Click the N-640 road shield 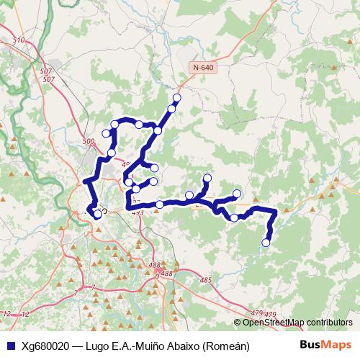(204, 67)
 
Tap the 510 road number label (19, 40)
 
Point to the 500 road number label (89, 142)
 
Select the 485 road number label (207, 280)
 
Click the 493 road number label (138, 212)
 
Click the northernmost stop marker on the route (177, 98)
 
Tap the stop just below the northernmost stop (171, 109)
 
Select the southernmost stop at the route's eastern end (266, 243)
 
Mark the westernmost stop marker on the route (97, 214)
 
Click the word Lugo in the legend (99, 346)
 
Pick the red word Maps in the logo (336, 346)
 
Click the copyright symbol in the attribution (237, 323)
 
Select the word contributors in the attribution (329, 323)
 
